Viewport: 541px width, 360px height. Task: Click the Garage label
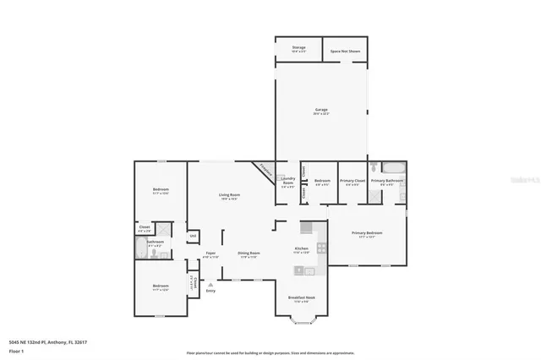pyautogui.click(x=321, y=111)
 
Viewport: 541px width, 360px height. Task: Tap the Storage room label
pyautogui.click(x=298, y=49)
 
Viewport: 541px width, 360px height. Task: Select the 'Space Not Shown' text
pyautogui.click(x=345, y=50)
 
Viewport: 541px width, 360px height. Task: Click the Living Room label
pyautogui.click(x=230, y=197)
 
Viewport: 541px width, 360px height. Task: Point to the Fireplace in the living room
pyautogui.click(x=265, y=169)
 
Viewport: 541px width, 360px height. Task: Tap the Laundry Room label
pyautogui.click(x=287, y=183)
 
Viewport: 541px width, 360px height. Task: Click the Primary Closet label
pyautogui.click(x=352, y=183)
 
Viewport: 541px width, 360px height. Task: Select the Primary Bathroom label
pyautogui.click(x=387, y=183)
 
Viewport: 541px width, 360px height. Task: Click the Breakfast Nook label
pyautogui.click(x=301, y=298)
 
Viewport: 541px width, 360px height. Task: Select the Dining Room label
pyautogui.click(x=249, y=254)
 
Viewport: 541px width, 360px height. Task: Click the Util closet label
pyautogui.click(x=193, y=235)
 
